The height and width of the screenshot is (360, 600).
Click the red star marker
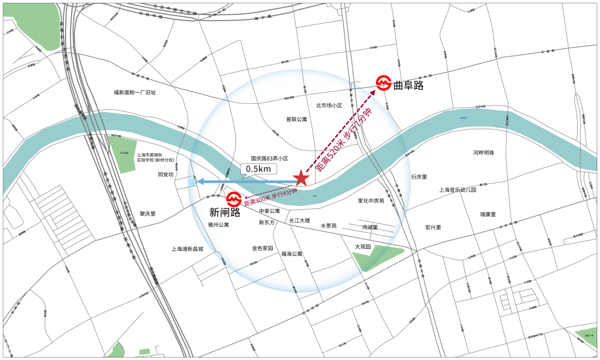click(301, 179)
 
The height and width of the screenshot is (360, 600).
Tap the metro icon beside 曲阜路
click(383, 84)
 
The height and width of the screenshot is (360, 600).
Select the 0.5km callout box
click(258, 168)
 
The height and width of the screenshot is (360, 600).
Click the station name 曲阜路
click(408, 85)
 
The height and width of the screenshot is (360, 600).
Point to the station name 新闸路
click(224, 212)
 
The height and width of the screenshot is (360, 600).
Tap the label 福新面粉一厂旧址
click(134, 92)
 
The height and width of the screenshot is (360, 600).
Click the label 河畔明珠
click(483, 153)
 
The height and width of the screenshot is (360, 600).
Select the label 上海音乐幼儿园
click(458, 190)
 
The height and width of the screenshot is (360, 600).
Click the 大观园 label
click(363, 247)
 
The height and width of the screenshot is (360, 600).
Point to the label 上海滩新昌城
click(187, 249)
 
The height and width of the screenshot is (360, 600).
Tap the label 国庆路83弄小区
click(269, 158)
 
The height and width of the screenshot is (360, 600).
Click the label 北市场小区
click(329, 105)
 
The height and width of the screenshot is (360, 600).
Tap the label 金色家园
click(262, 248)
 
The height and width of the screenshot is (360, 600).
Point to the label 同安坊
click(166, 174)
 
